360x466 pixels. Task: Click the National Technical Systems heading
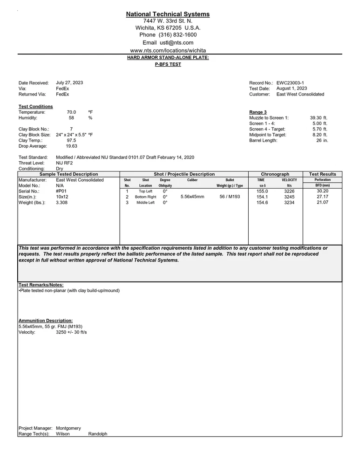[168, 14]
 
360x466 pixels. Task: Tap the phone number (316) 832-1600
[178, 35]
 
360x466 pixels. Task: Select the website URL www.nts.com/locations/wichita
[168, 50]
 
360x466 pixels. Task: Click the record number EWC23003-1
[290, 83]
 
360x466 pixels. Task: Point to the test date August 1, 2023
[292, 89]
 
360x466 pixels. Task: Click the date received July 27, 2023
[69, 82]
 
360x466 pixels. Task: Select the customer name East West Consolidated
[300, 94]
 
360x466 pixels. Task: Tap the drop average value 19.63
[71, 146]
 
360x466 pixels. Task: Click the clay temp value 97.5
[71, 140]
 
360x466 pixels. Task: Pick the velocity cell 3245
[289, 197]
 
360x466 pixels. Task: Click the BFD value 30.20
[322, 191]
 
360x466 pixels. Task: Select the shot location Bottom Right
[145, 197]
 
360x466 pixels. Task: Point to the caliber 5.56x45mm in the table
[192, 197]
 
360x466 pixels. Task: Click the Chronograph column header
[275, 174]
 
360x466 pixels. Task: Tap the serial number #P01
[61, 191]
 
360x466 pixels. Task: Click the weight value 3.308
[61, 203]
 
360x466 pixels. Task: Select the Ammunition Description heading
[46, 321]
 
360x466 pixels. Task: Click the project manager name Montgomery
[68, 428]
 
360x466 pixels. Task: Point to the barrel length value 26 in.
[322, 140]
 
